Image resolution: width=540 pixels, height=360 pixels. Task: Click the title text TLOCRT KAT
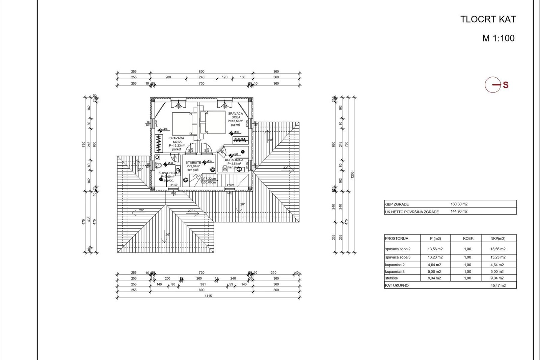488,20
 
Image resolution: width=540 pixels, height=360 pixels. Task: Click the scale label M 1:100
498,38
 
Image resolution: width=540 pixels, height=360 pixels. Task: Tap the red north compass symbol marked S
496,85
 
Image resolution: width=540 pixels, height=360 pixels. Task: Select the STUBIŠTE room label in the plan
193,163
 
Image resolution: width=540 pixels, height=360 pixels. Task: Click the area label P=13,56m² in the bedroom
235,121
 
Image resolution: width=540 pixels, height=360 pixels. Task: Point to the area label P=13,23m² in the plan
177,145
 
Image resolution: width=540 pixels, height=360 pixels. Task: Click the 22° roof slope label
286,168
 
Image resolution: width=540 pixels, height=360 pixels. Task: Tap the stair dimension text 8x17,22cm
208,178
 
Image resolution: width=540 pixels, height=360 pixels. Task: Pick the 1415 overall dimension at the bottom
208,296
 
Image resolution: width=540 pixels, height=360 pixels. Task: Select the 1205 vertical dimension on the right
353,175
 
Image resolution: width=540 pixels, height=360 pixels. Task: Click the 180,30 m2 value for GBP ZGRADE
459,204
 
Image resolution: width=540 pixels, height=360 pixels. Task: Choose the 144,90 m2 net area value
459,212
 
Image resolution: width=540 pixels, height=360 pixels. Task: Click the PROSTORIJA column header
397,239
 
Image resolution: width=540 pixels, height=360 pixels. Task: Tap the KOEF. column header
468,239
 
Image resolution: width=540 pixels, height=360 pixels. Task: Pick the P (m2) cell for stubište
434,278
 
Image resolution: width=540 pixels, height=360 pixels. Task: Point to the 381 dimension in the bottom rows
203,284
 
